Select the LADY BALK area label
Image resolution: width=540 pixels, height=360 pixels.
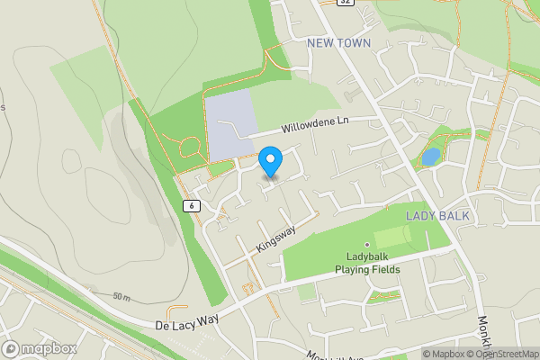coord(435,216)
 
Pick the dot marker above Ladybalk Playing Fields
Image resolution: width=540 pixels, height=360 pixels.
coord(367,244)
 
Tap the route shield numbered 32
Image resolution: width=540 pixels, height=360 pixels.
coord(346,3)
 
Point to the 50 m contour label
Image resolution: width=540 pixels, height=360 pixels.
coord(121,297)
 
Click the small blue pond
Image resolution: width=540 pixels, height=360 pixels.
coord(431,157)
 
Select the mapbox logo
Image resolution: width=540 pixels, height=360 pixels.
coord(38,348)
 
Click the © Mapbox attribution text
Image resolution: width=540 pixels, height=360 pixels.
coord(443,354)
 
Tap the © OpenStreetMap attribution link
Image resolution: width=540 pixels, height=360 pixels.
coord(502,354)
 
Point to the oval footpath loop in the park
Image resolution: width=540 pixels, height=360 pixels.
coord(191,148)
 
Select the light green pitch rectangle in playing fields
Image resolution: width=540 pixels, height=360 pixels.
coord(396,238)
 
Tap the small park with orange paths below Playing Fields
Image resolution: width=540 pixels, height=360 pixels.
coord(385,295)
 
